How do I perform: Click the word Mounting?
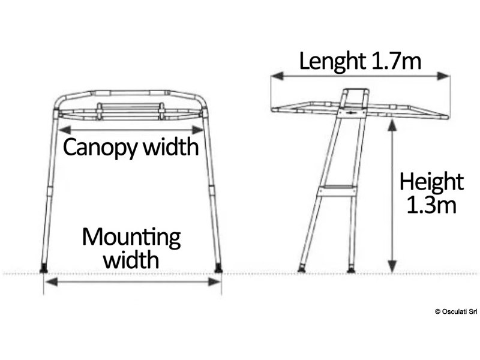coord(131,238)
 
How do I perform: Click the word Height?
coord(431,182)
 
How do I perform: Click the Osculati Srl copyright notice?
coord(455,311)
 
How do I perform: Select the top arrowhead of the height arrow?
coord(392,124)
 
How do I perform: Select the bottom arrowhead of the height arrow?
coord(392,268)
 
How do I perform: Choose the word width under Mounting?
coord(131,260)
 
